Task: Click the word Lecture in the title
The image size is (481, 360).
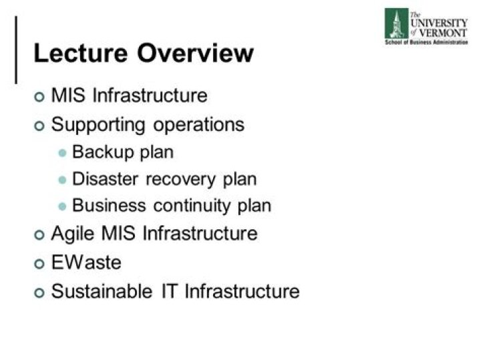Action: [79, 53]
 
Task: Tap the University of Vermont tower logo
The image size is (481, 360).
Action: [395, 23]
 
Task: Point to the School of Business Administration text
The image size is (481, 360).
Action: [426, 42]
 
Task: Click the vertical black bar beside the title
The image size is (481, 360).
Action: [16, 50]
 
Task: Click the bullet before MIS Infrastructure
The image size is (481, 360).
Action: [39, 96]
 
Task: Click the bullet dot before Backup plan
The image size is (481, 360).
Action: [63, 153]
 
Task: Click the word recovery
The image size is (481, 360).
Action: [181, 179]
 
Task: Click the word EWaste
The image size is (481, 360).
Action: [86, 262]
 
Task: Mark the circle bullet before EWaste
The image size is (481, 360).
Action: [39, 263]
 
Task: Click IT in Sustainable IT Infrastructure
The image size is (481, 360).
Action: [168, 291]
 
